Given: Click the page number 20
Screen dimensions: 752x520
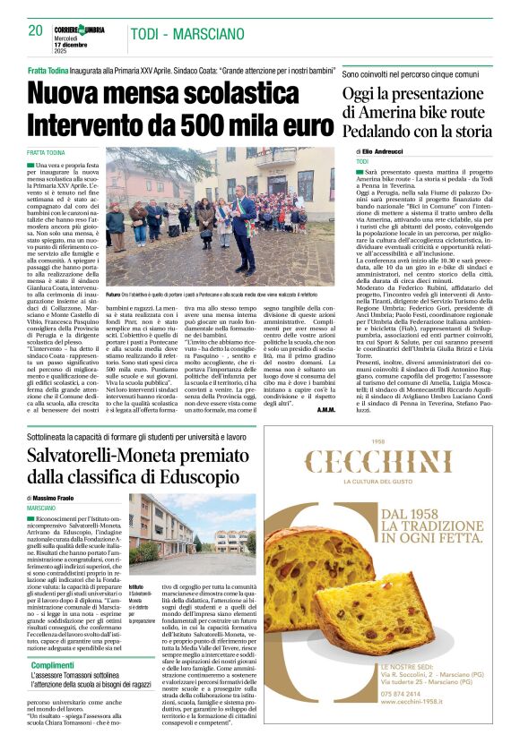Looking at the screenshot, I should pos(35,30).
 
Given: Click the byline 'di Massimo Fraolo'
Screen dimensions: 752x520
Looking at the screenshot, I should pos(60,497).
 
